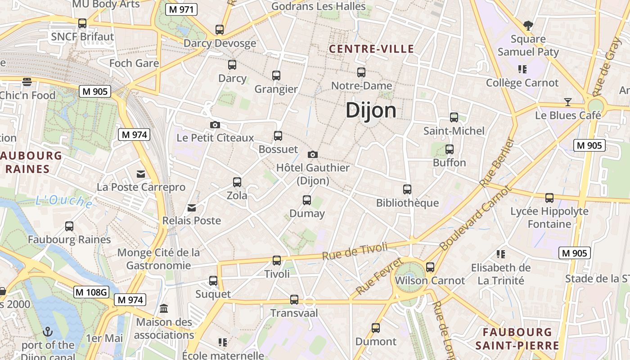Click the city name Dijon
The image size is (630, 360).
371,111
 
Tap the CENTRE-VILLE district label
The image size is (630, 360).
371,49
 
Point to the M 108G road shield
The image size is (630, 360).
91,292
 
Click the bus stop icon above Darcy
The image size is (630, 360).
232,65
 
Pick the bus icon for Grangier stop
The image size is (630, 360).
276,76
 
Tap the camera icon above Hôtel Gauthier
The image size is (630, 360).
313,154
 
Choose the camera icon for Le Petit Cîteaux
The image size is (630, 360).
215,125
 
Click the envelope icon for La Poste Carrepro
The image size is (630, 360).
141,174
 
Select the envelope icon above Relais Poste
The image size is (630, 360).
192,207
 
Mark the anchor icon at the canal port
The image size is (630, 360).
48,332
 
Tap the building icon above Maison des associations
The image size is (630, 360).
164,309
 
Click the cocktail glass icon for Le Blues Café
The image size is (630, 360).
568,102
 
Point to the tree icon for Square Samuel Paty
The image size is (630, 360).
528,26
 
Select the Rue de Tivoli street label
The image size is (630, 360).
355,251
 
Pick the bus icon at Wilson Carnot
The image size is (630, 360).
430,267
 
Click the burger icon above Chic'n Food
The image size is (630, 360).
27,82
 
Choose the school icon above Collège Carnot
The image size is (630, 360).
522,69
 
